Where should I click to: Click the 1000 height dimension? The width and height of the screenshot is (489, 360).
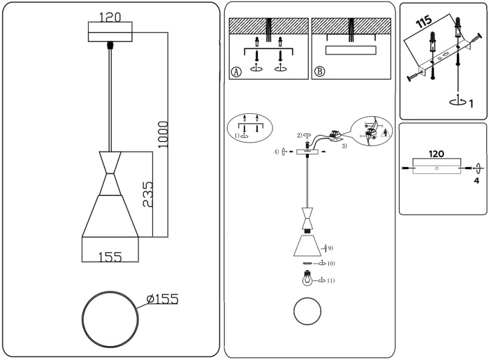click(x=162, y=133)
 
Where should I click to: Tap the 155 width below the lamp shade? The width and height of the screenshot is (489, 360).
click(x=110, y=257)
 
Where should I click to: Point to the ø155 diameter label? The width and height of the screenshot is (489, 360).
click(x=162, y=299)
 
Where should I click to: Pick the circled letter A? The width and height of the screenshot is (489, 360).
click(x=236, y=71)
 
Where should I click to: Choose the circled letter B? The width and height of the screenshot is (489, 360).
click(x=319, y=71)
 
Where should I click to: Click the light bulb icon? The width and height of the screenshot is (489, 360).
click(x=306, y=280)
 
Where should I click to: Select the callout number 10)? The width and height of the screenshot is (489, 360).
click(x=330, y=264)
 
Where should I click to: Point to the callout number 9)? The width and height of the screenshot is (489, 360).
click(x=329, y=247)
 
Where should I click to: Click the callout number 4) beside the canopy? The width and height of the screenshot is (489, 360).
click(x=277, y=151)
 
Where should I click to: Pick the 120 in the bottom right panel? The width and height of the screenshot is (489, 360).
click(x=436, y=153)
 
